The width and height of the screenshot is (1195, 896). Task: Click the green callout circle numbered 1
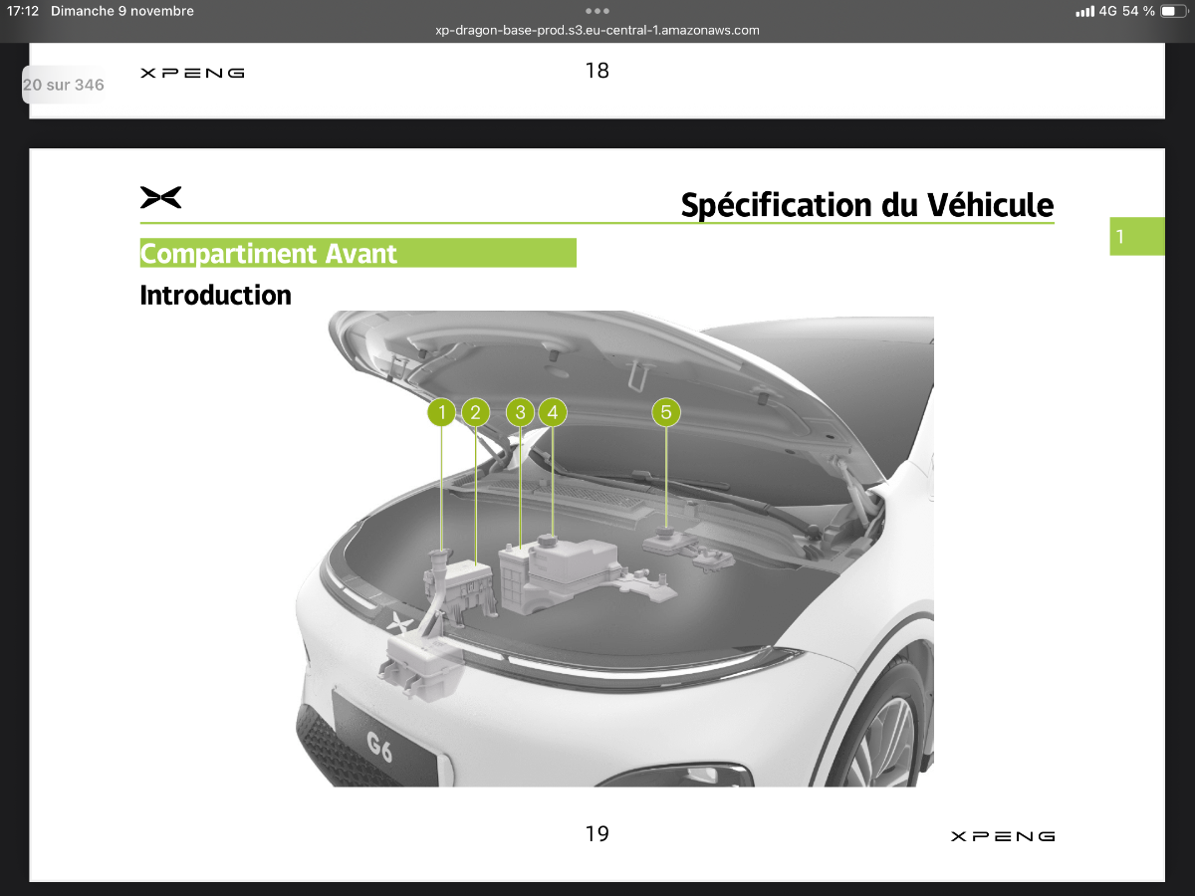441,412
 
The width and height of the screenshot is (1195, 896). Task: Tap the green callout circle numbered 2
475,412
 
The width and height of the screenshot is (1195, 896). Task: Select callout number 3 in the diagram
520,412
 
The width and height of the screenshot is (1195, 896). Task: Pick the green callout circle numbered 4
553,412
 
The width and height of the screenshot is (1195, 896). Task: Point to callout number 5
666,412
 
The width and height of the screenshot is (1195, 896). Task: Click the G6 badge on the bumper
379,747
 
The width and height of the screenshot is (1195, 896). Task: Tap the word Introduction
215,296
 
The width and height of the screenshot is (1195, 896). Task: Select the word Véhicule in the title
990,205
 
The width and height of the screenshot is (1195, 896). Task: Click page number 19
597,833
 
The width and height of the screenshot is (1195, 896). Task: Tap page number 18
597,71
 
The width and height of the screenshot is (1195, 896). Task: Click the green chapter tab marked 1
1137,236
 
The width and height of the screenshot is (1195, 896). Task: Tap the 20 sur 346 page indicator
63,85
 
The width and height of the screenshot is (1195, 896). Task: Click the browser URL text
597,31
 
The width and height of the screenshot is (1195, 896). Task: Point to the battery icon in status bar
1173,11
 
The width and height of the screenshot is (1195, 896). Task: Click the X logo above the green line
160,197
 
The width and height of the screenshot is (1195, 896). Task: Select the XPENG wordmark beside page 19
1003,836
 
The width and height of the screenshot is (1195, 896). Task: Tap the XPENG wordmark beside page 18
192,73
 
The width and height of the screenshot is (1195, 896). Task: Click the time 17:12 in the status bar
23,11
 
